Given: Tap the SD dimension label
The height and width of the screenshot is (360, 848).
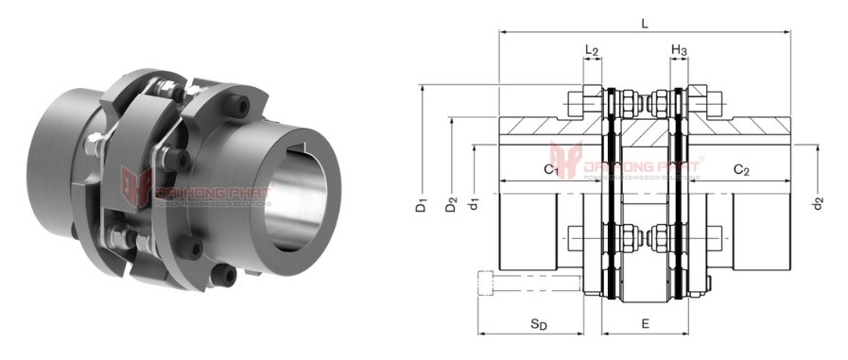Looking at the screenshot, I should (538, 324).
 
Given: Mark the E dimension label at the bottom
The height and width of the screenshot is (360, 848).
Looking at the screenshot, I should (645, 324).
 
